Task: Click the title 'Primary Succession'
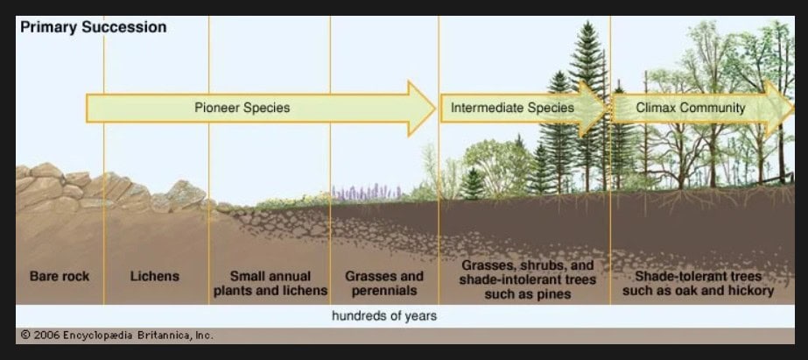click(94, 27)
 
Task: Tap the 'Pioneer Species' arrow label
click(242, 108)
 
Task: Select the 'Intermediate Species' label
click(512, 108)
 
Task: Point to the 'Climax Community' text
click(691, 108)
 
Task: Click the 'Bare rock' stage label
click(60, 277)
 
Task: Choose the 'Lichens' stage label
click(155, 277)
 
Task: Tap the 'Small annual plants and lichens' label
click(271, 283)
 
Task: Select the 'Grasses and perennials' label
click(384, 283)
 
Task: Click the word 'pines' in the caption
click(553, 294)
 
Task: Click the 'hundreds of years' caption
click(384, 315)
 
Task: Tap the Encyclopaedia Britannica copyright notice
click(116, 335)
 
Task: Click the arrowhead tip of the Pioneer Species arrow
click(435, 109)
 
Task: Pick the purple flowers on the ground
click(367, 192)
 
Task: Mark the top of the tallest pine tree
click(587, 23)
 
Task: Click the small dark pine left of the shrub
click(472, 183)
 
